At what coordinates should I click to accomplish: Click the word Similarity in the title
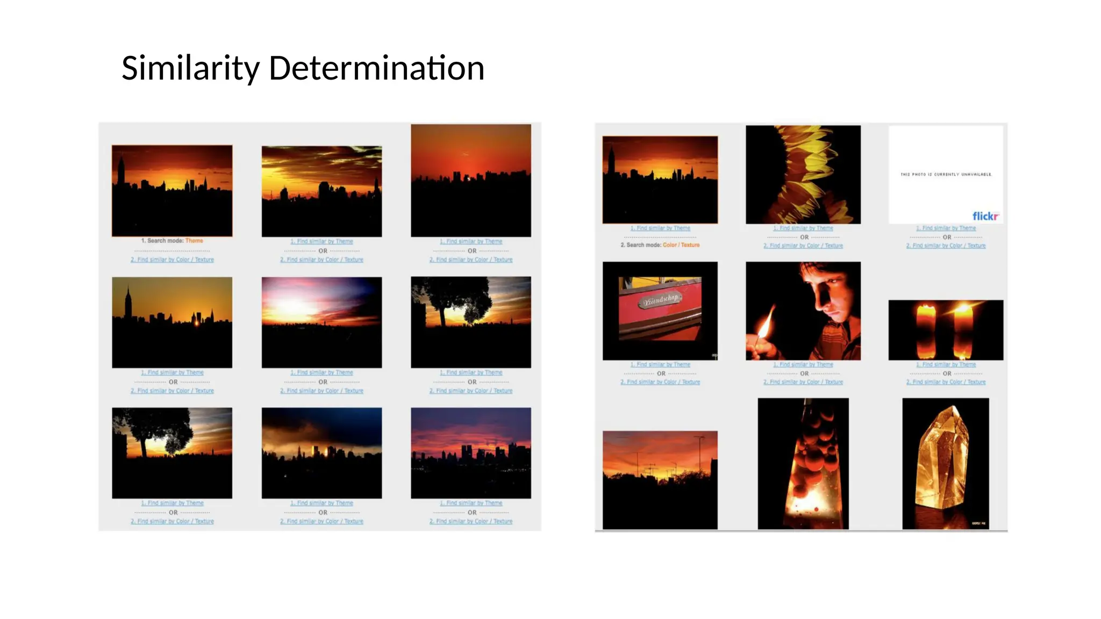191,69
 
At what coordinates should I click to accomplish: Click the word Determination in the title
376,69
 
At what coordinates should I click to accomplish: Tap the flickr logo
985,216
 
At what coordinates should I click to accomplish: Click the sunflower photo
803,175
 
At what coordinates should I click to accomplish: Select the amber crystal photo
945,463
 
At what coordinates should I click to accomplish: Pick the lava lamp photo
803,463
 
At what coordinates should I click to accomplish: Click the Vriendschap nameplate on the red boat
660,300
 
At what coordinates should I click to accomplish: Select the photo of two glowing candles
946,330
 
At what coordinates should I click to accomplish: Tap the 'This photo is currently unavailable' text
946,174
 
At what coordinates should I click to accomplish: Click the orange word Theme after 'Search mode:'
194,241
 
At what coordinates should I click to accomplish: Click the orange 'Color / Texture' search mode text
681,245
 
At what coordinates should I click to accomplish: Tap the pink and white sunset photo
321,322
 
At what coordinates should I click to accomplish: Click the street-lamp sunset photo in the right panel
660,479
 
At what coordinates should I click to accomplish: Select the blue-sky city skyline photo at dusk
321,452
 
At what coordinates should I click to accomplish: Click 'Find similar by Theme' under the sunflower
803,228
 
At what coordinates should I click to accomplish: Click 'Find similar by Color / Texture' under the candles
946,382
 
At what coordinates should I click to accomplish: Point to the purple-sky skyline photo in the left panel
471,452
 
